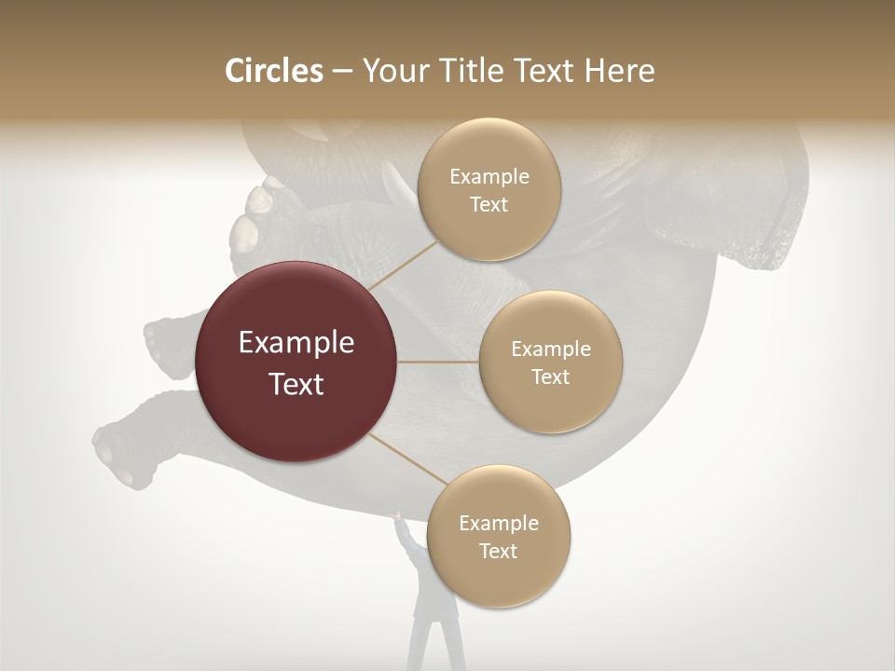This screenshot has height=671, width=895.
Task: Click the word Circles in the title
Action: coord(273,71)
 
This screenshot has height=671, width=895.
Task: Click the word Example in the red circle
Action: coord(296,343)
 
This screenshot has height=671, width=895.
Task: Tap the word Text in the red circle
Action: coord(296,384)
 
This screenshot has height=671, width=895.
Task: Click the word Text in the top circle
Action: coord(489,205)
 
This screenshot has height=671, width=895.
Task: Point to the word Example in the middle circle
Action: coord(550,349)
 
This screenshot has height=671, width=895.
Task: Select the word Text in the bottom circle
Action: coord(499,552)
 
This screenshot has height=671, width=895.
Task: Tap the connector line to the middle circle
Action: coord(438,362)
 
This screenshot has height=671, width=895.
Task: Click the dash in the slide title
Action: coord(341,72)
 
